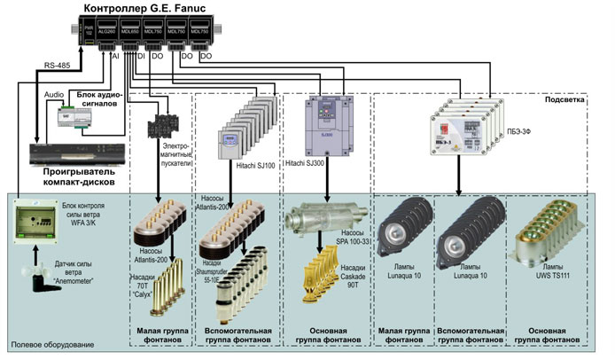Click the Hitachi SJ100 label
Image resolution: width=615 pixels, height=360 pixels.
click(254, 164)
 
